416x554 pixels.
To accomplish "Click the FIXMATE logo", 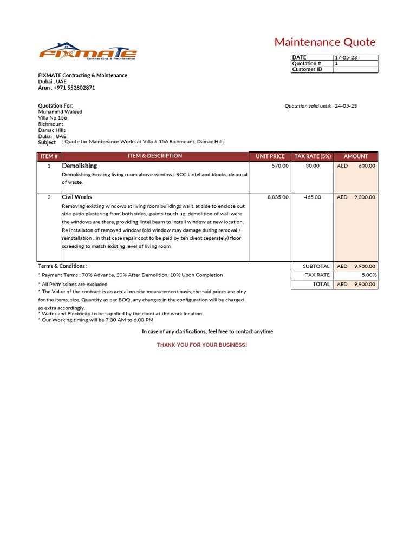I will click(x=88, y=52).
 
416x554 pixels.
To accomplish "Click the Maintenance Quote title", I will click(x=324, y=42).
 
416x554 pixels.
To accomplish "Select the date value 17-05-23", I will click(x=346, y=58).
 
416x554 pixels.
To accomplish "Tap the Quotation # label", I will click(x=307, y=64).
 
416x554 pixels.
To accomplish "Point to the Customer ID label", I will click(x=307, y=70).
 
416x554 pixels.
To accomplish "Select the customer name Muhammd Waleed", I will click(x=60, y=112).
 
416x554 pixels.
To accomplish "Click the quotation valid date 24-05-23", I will click(x=346, y=106).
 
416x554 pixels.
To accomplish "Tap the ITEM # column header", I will click(x=49, y=156).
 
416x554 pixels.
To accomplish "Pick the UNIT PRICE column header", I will click(x=270, y=156).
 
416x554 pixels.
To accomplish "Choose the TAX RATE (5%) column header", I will click(x=313, y=156).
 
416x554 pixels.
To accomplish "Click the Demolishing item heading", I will click(x=80, y=166).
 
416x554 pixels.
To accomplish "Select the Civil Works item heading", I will click(x=77, y=197).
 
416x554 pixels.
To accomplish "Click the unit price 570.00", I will click(x=280, y=166).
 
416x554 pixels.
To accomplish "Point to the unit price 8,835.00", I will click(x=278, y=197).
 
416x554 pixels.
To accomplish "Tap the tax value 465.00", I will click(x=313, y=197).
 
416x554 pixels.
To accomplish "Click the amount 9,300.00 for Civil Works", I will click(x=365, y=197).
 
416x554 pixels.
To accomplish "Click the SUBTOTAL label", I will click(x=316, y=266).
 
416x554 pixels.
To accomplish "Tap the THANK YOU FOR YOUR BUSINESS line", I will click(x=201, y=345).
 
